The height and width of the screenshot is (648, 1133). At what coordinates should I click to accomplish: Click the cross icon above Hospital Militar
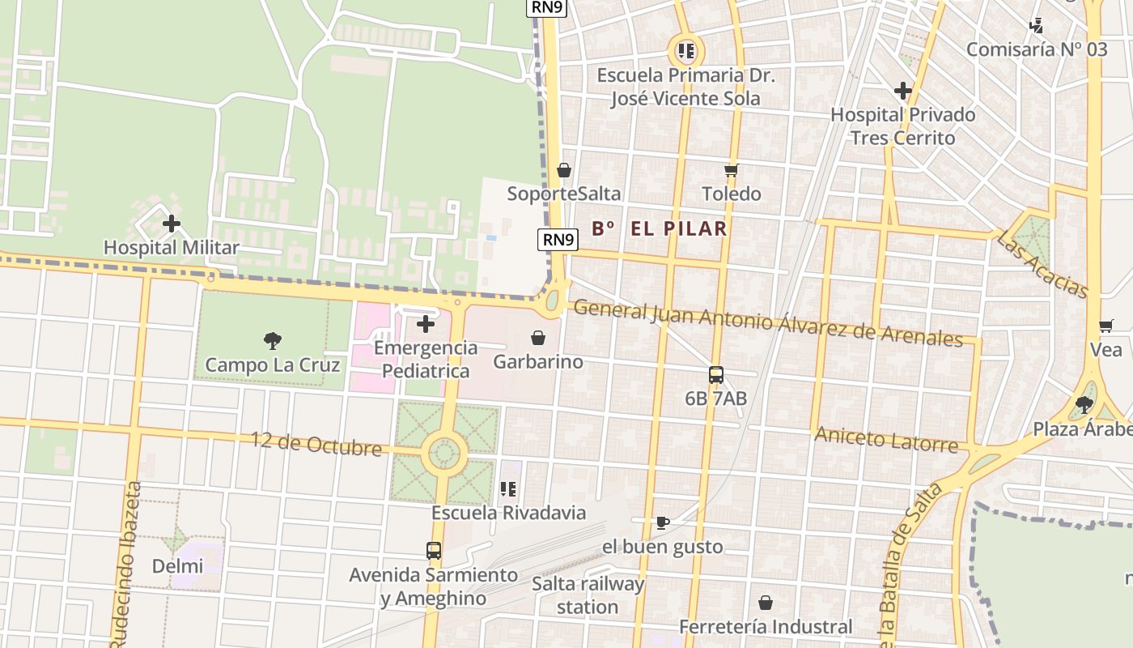coord(172,224)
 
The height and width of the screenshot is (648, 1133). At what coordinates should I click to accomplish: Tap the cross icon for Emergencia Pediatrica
coord(425,325)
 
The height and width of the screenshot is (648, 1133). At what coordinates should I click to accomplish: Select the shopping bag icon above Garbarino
coord(538,338)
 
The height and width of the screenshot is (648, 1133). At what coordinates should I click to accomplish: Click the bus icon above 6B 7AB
coord(715,375)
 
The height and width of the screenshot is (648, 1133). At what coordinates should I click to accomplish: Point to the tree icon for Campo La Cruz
coord(272,341)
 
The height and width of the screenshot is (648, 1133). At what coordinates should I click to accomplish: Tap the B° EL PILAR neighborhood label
coord(659,228)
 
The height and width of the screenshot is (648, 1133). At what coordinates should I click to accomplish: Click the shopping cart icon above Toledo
coord(732,170)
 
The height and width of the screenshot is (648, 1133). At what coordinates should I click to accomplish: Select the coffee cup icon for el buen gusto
coord(662,522)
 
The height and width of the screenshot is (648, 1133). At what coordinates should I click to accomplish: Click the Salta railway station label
coord(588,595)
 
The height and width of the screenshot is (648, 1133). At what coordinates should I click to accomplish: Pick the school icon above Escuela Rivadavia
coord(508,489)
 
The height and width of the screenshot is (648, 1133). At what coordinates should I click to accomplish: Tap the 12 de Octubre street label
coord(316,444)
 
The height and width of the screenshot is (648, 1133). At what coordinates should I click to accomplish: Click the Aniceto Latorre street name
coord(885,439)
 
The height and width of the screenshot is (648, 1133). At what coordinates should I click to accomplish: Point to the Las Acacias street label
coord(1042,264)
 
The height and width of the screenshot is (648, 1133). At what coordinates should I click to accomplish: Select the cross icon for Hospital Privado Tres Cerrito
coord(903,91)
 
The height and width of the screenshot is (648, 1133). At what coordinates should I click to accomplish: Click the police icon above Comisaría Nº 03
coord(1037,26)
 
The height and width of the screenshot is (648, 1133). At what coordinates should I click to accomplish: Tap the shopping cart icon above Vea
coord(1105,326)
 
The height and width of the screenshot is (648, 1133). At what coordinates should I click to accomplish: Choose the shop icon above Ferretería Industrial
coord(765,603)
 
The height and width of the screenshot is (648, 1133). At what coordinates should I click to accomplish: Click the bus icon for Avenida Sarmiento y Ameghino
coord(434,551)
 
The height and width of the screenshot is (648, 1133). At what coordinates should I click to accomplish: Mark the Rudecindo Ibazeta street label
coord(126,567)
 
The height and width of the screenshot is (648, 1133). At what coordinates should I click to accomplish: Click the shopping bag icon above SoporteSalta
coord(564,170)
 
